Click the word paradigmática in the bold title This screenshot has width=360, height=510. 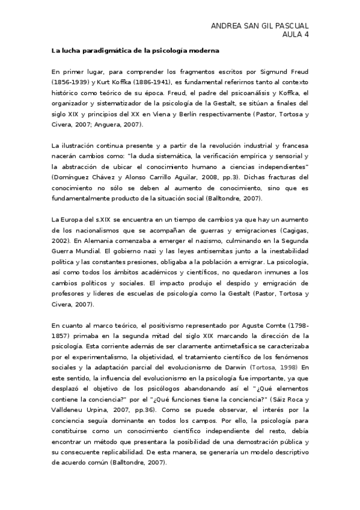coord(102,52)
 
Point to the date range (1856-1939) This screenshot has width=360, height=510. coord(71,81)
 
